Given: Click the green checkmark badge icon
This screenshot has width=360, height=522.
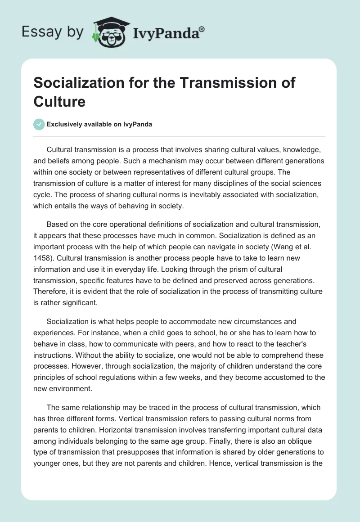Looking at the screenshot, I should point(39,124).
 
